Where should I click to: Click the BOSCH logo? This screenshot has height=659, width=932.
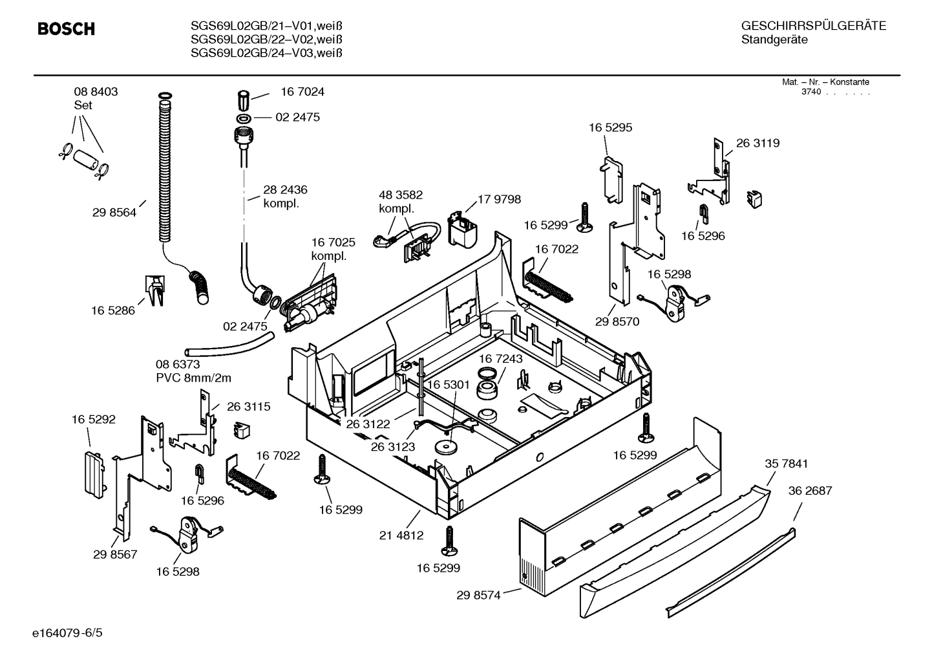point(66,28)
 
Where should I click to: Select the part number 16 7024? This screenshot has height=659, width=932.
point(302,92)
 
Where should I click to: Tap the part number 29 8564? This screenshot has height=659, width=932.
point(114,213)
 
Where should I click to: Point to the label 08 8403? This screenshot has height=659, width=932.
point(96,92)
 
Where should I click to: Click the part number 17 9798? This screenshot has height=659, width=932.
point(499,199)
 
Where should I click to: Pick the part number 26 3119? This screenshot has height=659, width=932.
point(757,143)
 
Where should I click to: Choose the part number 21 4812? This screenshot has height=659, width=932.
point(401,535)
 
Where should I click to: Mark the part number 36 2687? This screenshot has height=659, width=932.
point(810,490)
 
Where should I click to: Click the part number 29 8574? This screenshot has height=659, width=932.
point(478,596)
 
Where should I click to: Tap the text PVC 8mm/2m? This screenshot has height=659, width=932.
point(193,378)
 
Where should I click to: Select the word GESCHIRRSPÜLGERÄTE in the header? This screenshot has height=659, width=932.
point(814,26)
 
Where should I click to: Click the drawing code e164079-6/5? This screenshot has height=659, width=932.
point(67,633)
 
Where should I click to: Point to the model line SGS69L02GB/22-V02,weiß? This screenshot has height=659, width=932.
point(267,39)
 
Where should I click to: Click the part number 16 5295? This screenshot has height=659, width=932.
point(610,127)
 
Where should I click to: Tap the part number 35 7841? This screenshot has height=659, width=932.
point(787,464)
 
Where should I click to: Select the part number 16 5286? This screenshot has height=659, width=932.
point(113,310)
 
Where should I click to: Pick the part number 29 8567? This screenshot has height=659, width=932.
point(115,554)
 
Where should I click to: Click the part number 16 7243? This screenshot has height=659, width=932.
point(500,359)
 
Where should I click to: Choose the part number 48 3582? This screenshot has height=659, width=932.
point(401,195)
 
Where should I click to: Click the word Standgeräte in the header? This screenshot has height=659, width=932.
point(774,40)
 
